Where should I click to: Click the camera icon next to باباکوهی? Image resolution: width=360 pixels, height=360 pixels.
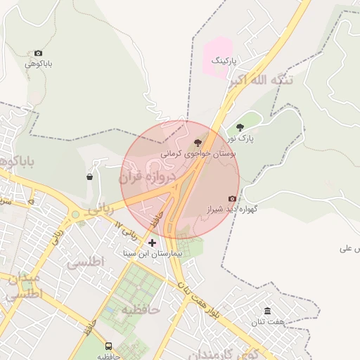click(38, 53)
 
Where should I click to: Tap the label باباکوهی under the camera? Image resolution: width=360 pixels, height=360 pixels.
click(39, 64)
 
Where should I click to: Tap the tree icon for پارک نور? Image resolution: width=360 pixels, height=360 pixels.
click(240, 127)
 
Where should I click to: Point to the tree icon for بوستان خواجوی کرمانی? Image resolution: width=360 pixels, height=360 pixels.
click(197, 143)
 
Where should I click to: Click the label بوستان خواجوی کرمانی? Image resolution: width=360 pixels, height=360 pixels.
click(198, 153)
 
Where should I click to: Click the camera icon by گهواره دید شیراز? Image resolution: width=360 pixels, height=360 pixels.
click(232, 199)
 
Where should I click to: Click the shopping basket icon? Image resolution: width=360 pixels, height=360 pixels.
click(90, 176)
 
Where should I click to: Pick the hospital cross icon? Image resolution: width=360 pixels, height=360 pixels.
click(152, 243)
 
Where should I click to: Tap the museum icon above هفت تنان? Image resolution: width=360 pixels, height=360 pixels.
click(267, 311)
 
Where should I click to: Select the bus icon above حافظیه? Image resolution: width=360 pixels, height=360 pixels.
click(108, 346)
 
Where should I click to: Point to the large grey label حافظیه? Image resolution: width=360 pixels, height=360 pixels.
click(141, 309)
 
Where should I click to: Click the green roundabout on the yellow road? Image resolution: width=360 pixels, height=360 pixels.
click(75, 214)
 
